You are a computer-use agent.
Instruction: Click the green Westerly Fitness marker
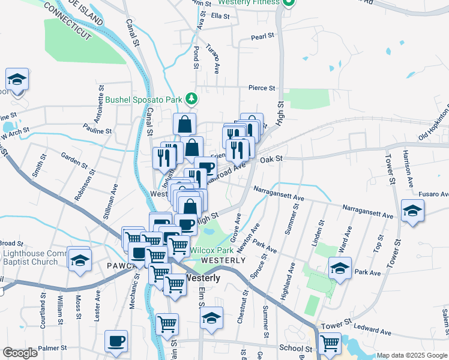(288, 2)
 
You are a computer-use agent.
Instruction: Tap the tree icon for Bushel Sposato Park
(191, 98)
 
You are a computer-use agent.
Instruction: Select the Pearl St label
(262, 37)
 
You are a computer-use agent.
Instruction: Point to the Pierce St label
(262, 88)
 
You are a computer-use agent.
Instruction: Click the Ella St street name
(220, 16)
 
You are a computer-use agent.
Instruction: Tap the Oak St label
(271, 159)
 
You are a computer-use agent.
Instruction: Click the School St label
(295, 348)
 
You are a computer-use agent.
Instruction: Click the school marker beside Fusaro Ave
(412, 211)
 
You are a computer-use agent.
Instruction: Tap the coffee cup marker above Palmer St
(116, 341)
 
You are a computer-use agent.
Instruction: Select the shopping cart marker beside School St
(329, 343)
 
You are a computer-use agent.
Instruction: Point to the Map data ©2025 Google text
(412, 355)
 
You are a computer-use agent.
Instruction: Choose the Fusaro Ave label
(434, 194)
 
